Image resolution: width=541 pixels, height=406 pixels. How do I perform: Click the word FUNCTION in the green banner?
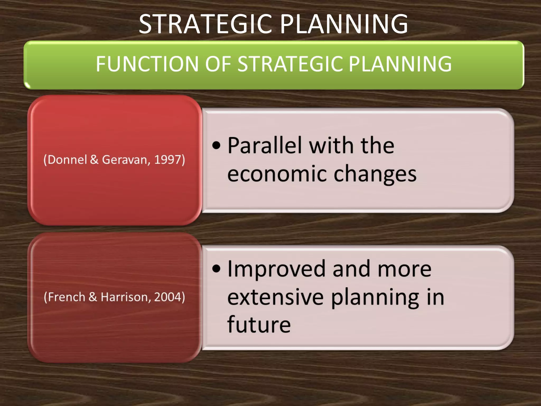[147, 64]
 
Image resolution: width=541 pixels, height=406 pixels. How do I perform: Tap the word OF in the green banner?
[218, 64]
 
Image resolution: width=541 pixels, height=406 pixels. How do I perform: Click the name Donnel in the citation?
[68, 160]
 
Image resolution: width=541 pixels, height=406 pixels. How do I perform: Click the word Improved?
[276, 269]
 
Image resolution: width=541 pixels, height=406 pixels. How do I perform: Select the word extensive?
[275, 297]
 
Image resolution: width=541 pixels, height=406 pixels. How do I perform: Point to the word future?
[259, 324]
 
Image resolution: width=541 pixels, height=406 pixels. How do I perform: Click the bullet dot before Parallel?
[216, 146]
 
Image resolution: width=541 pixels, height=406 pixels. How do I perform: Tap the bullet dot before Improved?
[216, 269]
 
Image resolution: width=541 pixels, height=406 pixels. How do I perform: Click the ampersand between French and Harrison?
[93, 297]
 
